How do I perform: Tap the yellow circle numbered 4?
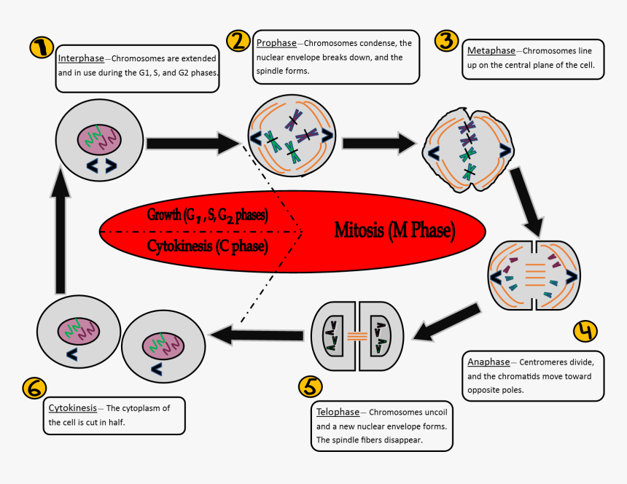(585, 331)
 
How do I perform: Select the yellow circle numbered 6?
(35, 387)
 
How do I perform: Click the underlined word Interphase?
(81, 58)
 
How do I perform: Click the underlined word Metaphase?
(491, 51)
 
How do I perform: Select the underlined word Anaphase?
(488, 362)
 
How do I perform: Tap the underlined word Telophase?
(337, 412)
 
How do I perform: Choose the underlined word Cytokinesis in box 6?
(72, 408)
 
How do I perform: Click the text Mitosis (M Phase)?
(394, 231)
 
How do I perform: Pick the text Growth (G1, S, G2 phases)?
(208, 216)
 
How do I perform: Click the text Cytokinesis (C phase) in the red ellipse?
(207, 246)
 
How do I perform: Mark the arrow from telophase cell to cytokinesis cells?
(256, 335)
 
